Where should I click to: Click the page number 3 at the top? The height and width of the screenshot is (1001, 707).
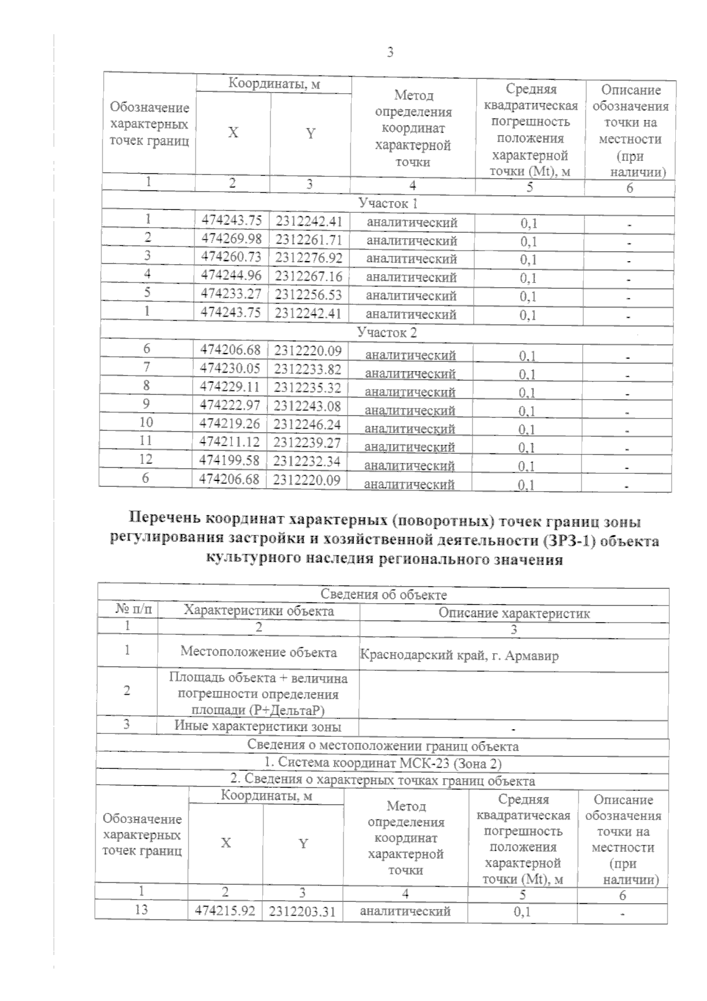coord(389,53)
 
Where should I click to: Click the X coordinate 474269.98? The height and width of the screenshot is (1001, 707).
coord(232,239)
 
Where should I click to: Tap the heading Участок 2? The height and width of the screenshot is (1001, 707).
coord(386,332)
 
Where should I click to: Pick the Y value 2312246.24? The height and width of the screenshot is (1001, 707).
coord(308,424)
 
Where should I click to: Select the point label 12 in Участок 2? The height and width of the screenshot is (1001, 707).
coord(146,459)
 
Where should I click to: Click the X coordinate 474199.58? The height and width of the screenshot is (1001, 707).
coord(230,460)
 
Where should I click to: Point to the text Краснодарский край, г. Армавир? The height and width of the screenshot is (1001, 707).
coord(459,655)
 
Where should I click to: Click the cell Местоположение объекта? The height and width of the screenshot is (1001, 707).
coord(259,652)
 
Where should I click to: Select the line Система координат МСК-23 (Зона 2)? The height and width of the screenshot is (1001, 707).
coord(382,763)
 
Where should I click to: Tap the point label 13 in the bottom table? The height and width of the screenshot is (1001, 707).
coord(141,910)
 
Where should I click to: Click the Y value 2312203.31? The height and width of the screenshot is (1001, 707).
coord(302,912)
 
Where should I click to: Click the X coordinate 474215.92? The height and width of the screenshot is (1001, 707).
coord(224,911)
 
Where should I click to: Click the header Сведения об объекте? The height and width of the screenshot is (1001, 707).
coord(384,595)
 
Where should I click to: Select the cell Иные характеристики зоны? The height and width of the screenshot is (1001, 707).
coord(258,726)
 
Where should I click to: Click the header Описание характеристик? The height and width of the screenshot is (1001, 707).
coord(514,613)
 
